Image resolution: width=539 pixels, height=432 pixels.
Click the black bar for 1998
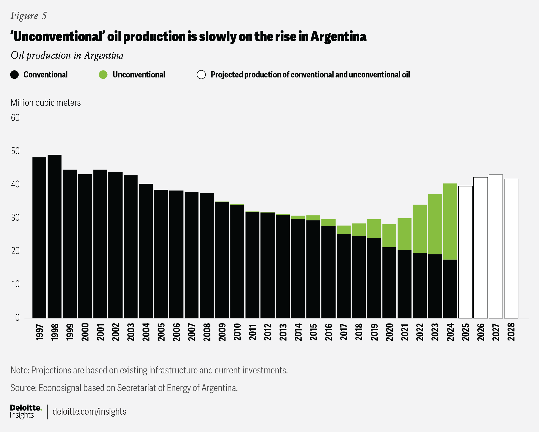(55, 237)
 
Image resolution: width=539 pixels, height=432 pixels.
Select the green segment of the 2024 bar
(450, 222)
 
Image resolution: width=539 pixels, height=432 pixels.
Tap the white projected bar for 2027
(496, 247)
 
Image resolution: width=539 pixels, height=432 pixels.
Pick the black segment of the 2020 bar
(389, 283)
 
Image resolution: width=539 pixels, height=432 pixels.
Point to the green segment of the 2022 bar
(420, 229)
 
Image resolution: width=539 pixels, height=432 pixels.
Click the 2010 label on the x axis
(237, 332)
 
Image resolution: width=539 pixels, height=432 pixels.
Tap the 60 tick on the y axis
(15, 118)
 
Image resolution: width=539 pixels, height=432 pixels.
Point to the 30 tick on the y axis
(15, 217)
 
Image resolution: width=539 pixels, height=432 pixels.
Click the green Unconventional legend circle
(103, 75)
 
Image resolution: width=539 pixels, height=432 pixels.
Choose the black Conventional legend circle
(15, 75)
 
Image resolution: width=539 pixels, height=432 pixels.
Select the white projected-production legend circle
(201, 75)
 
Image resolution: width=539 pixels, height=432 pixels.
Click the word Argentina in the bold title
(338, 36)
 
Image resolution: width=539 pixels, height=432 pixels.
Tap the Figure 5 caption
(28, 16)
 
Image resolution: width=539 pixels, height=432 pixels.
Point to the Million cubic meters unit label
(46, 103)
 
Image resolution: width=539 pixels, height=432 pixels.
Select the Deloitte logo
(26, 411)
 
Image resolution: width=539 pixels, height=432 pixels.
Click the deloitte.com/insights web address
(89, 411)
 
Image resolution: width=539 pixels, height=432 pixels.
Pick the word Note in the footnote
(20, 370)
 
